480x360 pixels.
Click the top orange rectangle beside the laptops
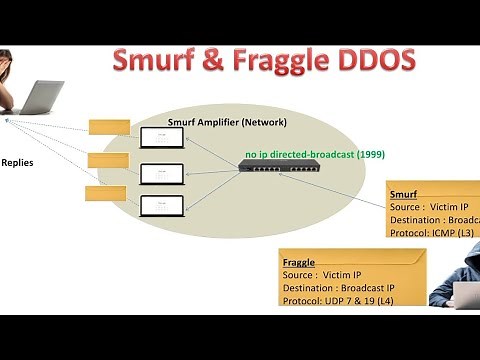coord(109,127)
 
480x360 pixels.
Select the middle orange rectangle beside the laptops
coord(109,160)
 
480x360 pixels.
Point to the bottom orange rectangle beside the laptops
coord(105,192)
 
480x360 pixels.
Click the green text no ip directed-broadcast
coord(311,155)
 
